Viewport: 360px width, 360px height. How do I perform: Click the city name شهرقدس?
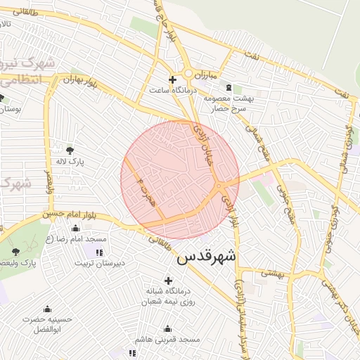207,257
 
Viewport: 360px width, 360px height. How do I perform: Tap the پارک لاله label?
71,162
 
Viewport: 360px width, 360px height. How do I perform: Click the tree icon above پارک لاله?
70,150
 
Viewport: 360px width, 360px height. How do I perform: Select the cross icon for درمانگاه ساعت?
172,79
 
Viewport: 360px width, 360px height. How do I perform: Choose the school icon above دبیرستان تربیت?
99,252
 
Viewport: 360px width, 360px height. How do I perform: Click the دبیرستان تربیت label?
101,264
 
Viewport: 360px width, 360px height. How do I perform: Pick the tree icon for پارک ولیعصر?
15,251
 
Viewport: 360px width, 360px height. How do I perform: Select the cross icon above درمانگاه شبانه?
168,281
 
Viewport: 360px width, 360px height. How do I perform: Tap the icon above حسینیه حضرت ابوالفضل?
47,309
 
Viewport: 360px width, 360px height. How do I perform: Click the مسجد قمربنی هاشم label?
168,340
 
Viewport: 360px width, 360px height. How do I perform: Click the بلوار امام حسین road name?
67,213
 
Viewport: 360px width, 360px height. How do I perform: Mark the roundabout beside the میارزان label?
189,73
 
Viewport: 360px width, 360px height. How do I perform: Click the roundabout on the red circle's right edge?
220,186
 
